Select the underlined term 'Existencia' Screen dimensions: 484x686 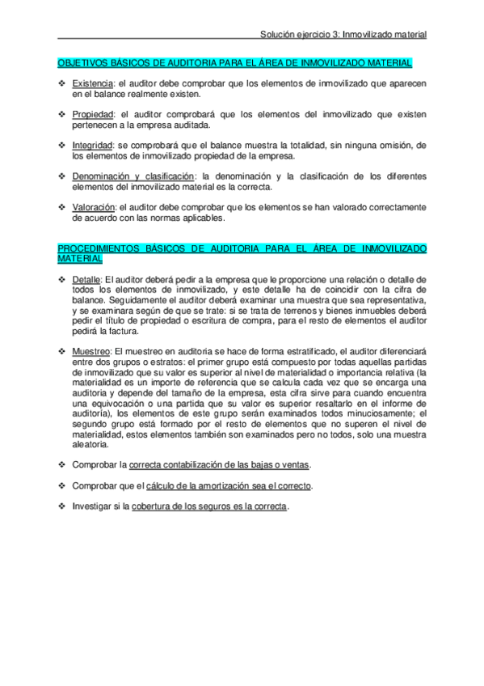pos(90,84)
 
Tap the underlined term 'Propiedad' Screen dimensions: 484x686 pos(91,115)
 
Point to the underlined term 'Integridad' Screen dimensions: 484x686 pos(91,146)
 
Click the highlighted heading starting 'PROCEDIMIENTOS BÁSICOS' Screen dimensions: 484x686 pos(242,248)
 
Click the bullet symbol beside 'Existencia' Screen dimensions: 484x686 pos(62,84)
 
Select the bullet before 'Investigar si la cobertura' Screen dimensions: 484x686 pos(62,506)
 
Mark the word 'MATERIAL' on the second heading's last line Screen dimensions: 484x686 pos(80,258)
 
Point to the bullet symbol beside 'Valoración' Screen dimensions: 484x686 pos(62,206)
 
